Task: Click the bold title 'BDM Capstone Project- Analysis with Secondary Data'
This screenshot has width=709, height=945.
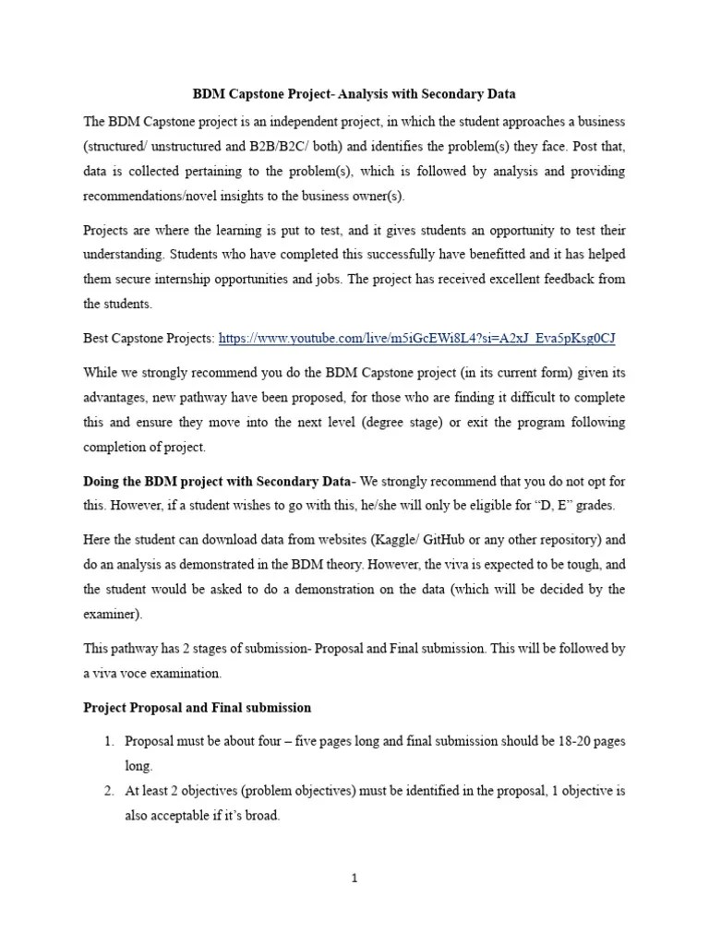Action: tap(354, 94)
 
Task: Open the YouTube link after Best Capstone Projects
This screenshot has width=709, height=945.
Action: tap(416, 339)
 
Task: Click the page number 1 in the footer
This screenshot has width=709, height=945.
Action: tap(354, 879)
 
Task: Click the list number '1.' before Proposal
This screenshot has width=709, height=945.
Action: tap(108, 742)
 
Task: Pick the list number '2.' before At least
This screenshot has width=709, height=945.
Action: tap(108, 791)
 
